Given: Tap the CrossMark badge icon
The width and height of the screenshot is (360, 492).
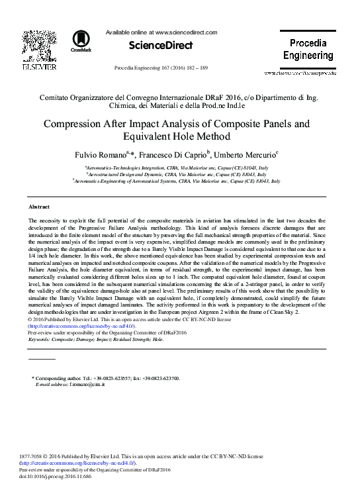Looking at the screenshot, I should pos(82,40).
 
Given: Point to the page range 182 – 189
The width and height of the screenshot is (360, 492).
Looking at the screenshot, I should pos(197,69).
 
